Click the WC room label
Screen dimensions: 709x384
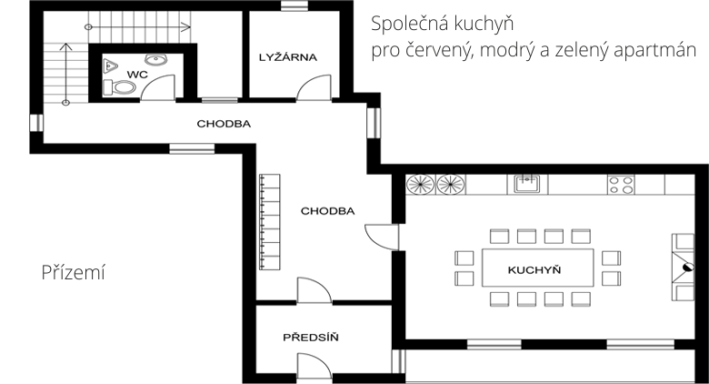pyautogui.click(x=137, y=75)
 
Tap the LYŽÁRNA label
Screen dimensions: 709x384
pyautogui.click(x=288, y=57)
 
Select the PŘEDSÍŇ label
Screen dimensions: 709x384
pyautogui.click(x=311, y=337)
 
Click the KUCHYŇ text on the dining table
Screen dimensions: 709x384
pyautogui.click(x=534, y=270)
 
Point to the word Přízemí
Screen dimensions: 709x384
pyautogui.click(x=74, y=272)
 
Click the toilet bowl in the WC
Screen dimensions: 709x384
pyautogui.click(x=119, y=87)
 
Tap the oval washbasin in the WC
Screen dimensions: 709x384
pyautogui.click(x=156, y=59)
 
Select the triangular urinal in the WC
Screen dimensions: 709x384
pyautogui.click(x=110, y=66)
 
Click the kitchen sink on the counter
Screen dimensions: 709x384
pyautogui.click(x=527, y=185)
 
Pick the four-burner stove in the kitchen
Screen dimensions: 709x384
pyautogui.click(x=621, y=185)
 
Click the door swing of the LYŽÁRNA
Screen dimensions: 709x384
pyautogui.click(x=314, y=87)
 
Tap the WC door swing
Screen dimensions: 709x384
pyautogui.click(x=158, y=87)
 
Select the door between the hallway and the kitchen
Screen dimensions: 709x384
pyautogui.click(x=382, y=237)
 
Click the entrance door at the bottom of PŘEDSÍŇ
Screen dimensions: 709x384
pyautogui.click(x=315, y=365)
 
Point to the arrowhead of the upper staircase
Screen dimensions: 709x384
pyautogui.click(x=185, y=27)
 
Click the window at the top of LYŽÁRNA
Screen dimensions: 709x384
pyautogui.click(x=295, y=5)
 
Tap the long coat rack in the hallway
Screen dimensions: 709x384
pyautogui.click(x=269, y=222)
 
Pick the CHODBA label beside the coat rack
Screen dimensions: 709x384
pyautogui.click(x=328, y=211)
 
